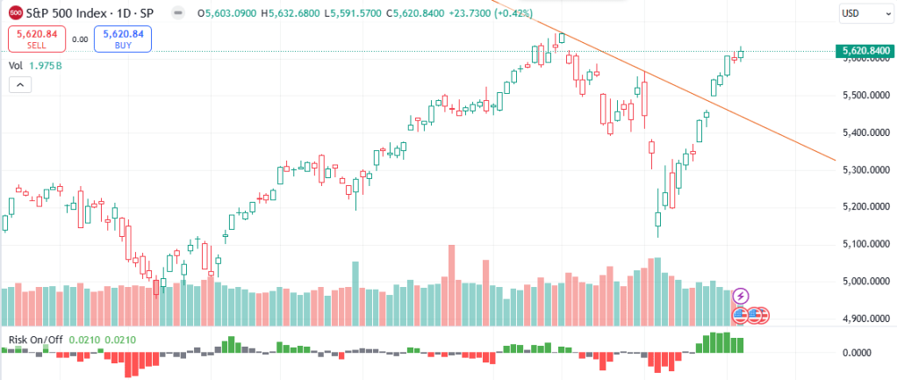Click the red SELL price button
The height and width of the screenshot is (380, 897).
click(35, 39)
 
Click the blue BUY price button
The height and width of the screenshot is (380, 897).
click(124, 39)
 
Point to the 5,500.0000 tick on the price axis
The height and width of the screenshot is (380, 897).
click(860, 96)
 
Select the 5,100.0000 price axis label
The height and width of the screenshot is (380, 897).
click(860, 244)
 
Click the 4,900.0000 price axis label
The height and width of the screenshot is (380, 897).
click(860, 319)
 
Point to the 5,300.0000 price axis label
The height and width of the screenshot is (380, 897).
click(860, 169)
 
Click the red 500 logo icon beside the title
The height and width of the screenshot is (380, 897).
click(16, 13)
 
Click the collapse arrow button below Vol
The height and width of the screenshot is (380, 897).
click(20, 85)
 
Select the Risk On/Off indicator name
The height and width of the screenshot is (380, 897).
click(36, 339)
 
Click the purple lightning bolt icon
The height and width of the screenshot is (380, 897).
click(741, 296)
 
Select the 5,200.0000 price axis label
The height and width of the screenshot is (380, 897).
click(860, 207)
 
